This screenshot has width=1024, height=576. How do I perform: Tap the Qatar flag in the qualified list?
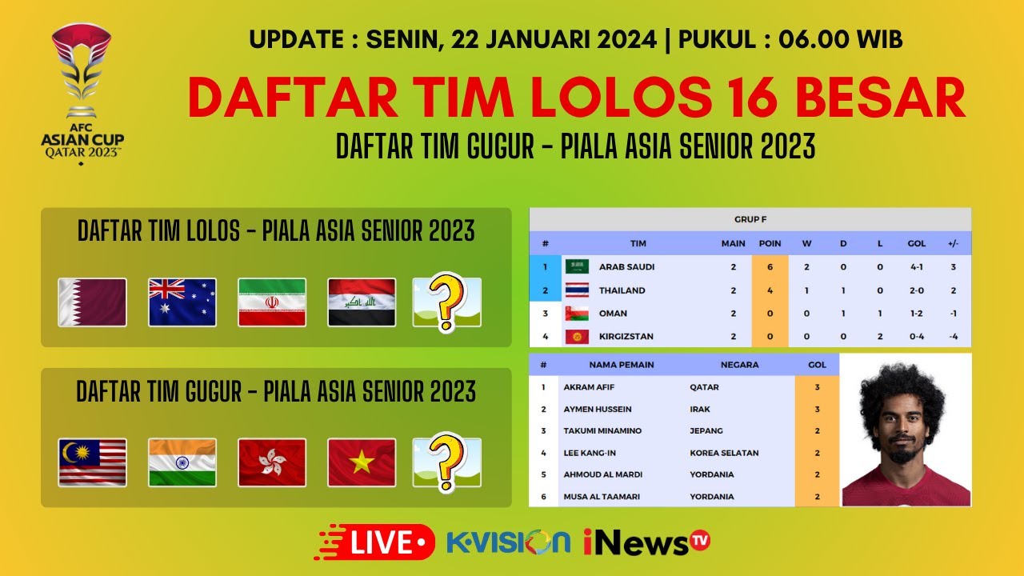tap(92, 302)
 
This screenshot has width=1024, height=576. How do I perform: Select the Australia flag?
tap(182, 302)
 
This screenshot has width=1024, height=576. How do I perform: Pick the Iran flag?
tap(272, 302)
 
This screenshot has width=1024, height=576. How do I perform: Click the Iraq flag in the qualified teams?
tap(362, 302)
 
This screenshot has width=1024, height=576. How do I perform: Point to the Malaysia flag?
tap(92, 462)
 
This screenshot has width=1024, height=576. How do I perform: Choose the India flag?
tap(182, 462)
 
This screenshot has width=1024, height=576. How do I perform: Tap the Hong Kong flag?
tap(272, 462)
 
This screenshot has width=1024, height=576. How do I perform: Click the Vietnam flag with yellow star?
tap(362, 462)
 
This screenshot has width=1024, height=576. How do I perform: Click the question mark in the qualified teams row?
tap(446, 301)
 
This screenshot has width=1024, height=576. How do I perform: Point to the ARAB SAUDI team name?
tap(627, 266)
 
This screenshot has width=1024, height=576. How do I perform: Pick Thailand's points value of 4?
tap(770, 290)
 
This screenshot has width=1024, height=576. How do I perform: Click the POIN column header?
tap(770, 243)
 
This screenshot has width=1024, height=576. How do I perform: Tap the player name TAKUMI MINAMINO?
tap(602, 430)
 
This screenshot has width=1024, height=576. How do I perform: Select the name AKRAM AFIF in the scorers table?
tap(590, 387)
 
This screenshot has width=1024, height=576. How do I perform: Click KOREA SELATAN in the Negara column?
tap(724, 453)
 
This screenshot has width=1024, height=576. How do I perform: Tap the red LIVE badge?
tap(376, 542)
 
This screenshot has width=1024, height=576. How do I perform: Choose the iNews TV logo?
tap(646, 542)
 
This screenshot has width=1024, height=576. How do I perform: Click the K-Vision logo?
tap(509, 542)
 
